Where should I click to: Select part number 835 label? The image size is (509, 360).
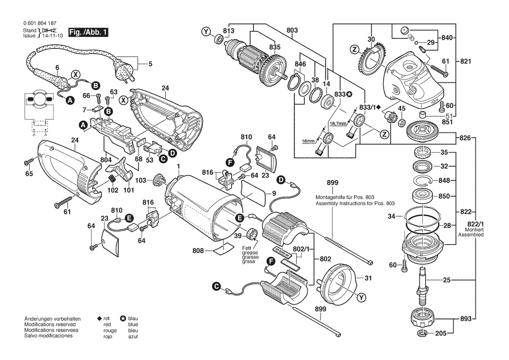point(275,47)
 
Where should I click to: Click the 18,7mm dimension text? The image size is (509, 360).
point(338,123)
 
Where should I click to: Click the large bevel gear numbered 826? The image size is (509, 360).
point(421,131)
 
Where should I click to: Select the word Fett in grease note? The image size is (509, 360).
point(247,248)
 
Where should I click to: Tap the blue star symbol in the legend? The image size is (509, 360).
point(123,319)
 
